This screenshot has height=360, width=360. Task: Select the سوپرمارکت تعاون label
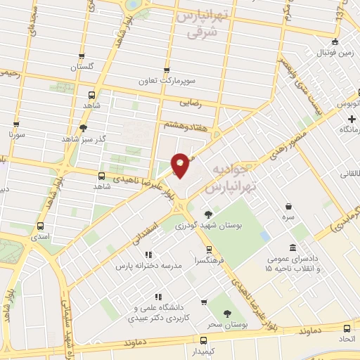pyautogui.click(x=167, y=81)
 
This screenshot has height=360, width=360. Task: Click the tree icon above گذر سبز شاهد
pyautogui.click(x=84, y=127)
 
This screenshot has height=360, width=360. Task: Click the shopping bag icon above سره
pyautogui.click(x=288, y=206)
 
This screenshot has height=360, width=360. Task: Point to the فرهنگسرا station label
pyautogui.click(x=210, y=259)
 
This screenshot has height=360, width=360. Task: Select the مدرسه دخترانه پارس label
pyautogui.click(x=148, y=266)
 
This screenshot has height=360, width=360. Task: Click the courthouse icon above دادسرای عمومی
pyautogui.click(x=292, y=247)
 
